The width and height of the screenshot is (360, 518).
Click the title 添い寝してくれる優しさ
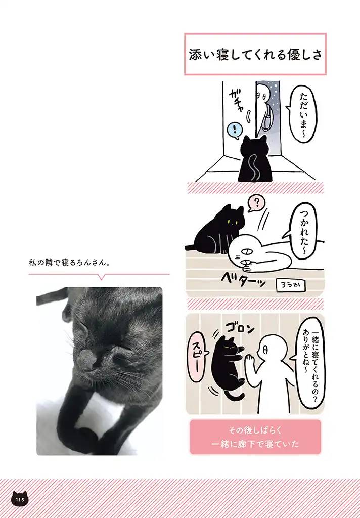click(x=255, y=55)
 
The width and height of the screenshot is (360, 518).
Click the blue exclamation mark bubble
click(x=233, y=131)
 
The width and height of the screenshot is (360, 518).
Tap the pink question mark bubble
click(x=256, y=204)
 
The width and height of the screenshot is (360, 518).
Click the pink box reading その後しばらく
click(x=255, y=437)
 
